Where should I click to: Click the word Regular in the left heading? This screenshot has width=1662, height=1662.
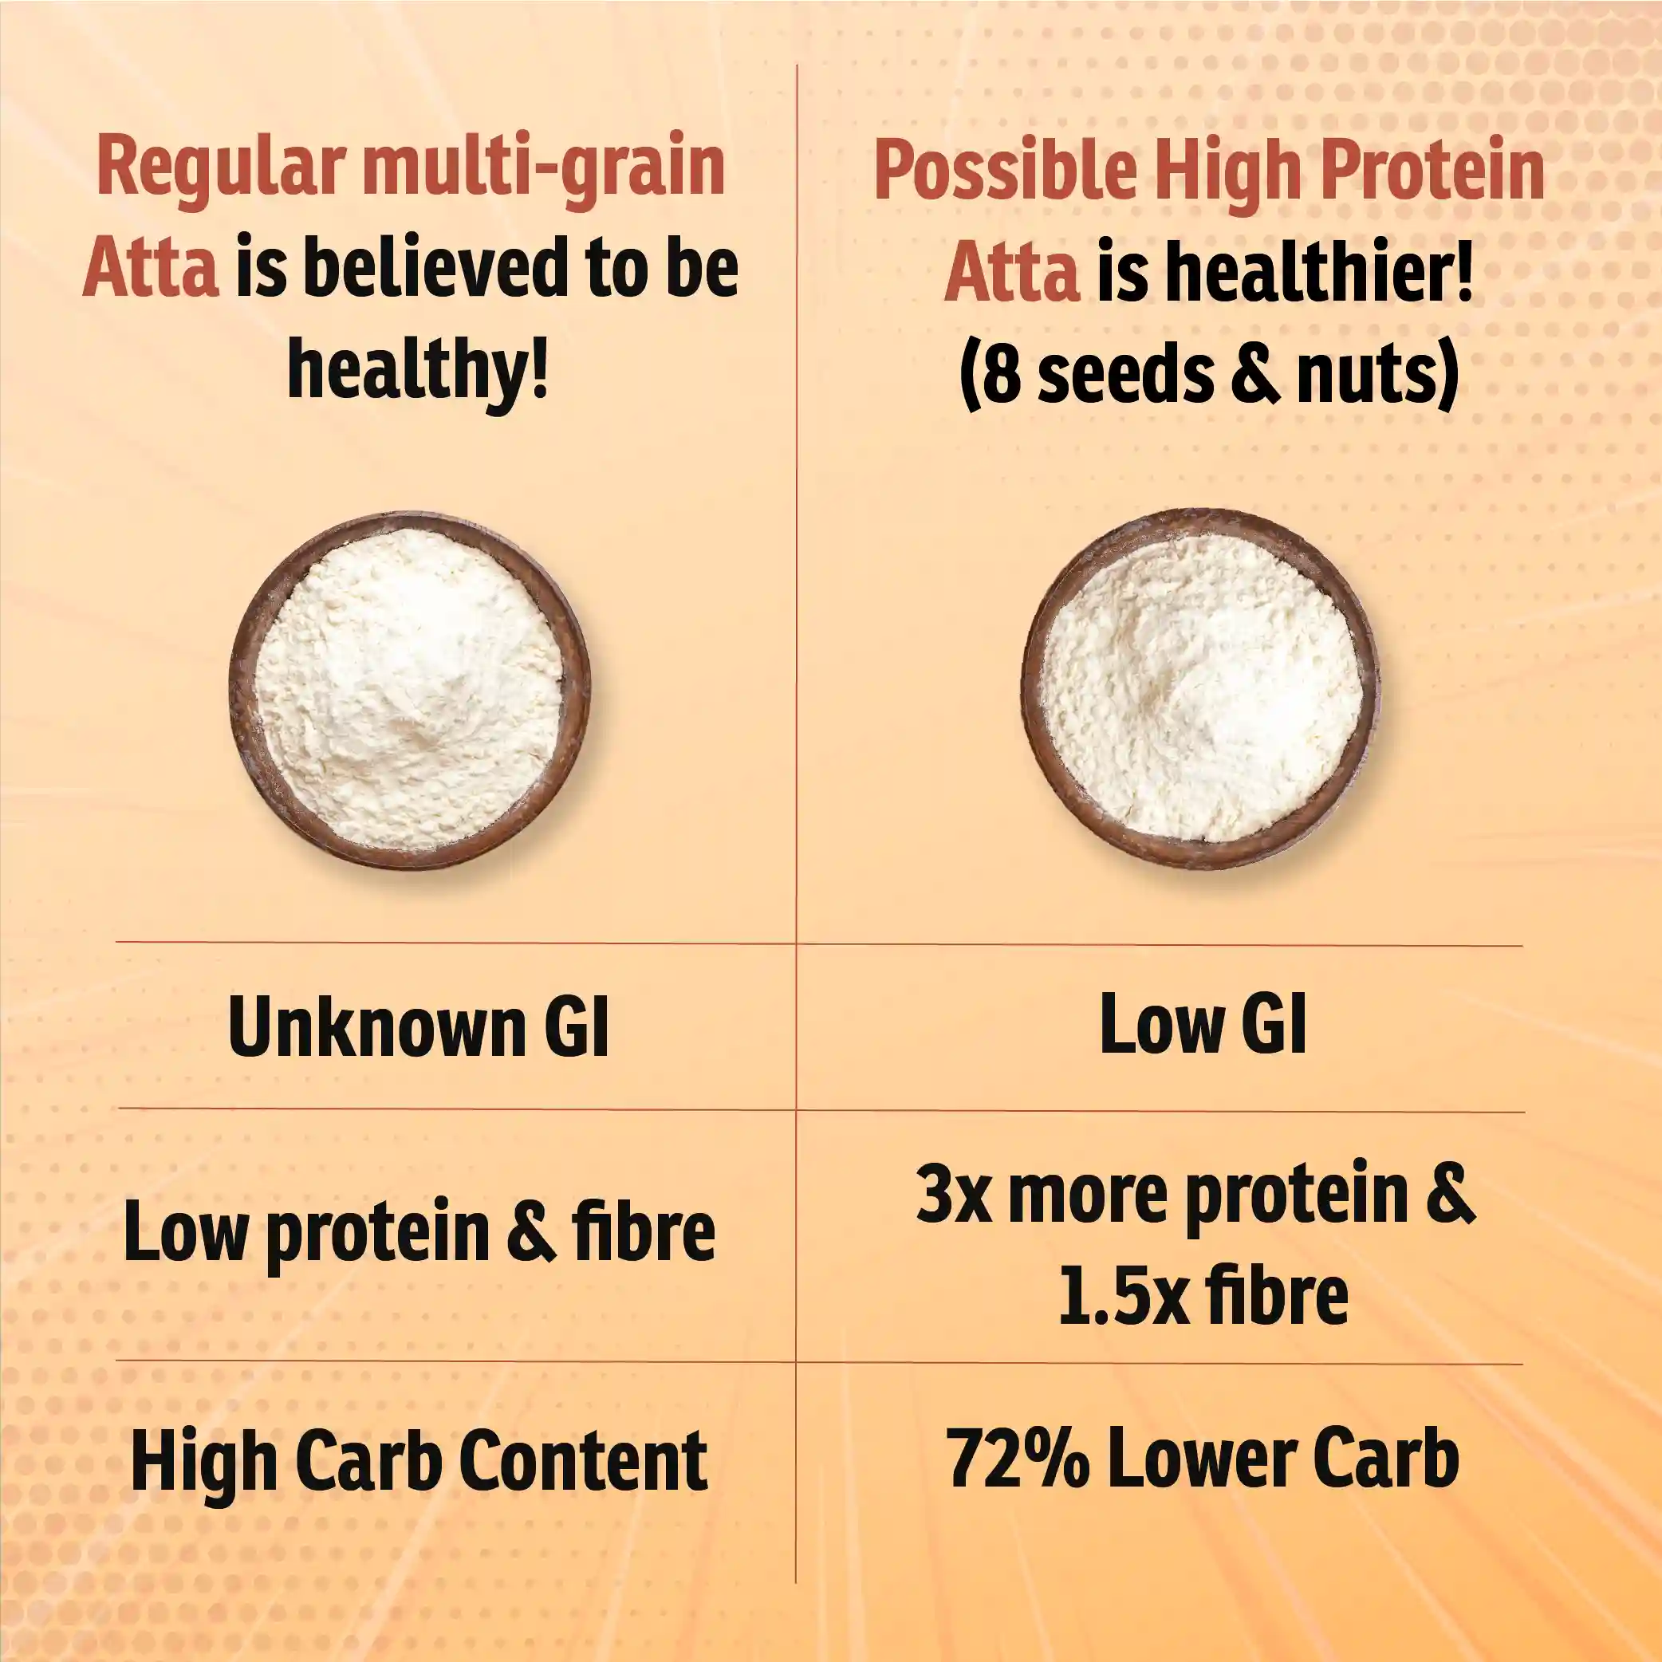pos(222,167)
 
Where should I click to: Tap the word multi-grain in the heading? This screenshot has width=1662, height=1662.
pos(544,167)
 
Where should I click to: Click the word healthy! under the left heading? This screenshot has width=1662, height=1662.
pos(417,368)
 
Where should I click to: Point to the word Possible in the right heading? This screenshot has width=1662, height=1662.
pos(1006,168)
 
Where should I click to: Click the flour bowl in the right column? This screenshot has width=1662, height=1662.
pos(1201,688)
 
